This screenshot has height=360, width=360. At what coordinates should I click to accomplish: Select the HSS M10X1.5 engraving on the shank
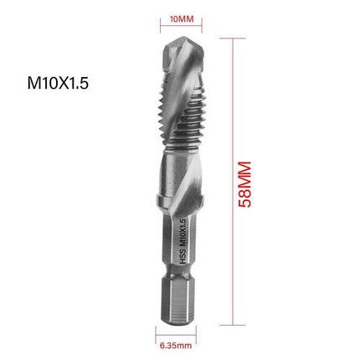click(177, 249)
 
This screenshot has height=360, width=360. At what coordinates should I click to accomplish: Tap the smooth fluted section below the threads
click(179, 180)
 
